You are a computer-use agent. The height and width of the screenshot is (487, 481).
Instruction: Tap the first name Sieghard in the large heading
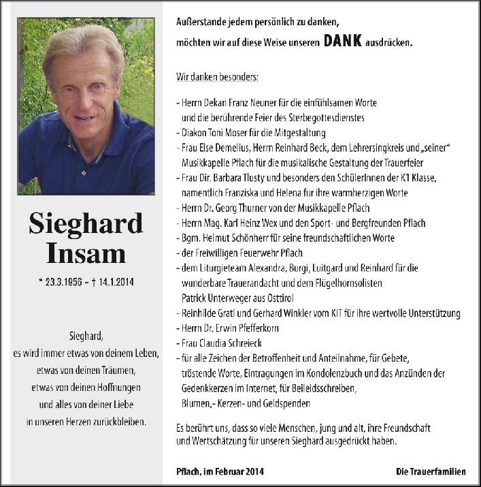click(86, 223)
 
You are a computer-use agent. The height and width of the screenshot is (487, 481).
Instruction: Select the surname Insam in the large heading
click(86, 253)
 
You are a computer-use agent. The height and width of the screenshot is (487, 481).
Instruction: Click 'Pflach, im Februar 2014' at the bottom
click(219, 471)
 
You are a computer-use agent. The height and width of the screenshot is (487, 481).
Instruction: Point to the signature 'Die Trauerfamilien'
click(431, 471)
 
